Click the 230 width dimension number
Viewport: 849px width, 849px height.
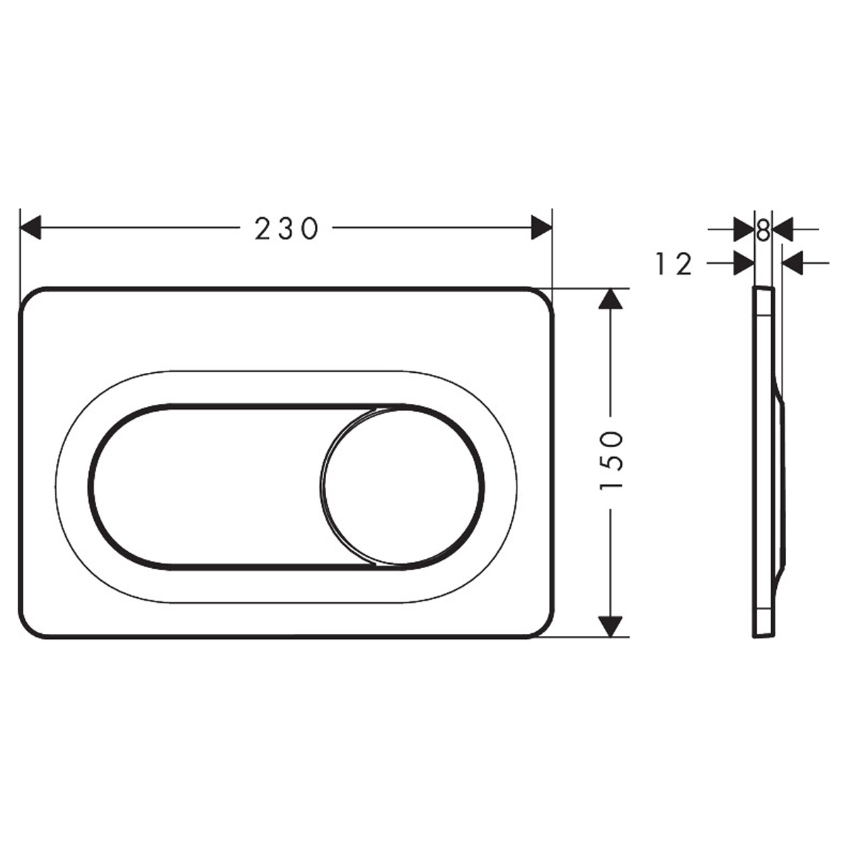click(287, 229)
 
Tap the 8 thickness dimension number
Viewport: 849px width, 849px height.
click(763, 229)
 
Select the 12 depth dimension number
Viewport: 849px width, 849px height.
click(674, 264)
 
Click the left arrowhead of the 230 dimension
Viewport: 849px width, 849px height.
click(30, 227)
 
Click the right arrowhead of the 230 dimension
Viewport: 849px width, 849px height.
click(541, 227)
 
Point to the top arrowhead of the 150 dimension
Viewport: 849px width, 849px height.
click(611, 299)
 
